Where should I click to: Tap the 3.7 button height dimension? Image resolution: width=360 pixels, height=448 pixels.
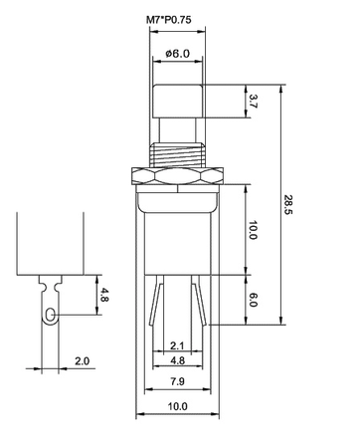pos(253,101)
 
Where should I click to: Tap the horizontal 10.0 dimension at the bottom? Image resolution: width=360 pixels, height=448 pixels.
pos(177,407)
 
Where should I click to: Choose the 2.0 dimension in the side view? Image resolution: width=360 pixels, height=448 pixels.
pos(82,360)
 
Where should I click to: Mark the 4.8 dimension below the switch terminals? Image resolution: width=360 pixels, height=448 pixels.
pos(177,361)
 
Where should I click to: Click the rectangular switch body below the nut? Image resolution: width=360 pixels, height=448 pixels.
pos(178,234)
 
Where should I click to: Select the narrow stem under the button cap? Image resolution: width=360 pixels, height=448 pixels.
pos(178,130)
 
